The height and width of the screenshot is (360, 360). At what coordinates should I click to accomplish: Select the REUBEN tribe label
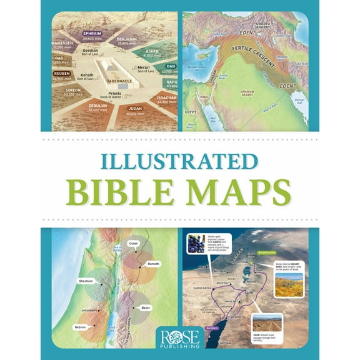click(x=61, y=73)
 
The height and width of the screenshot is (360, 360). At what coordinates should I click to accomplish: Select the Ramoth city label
click(x=154, y=264)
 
